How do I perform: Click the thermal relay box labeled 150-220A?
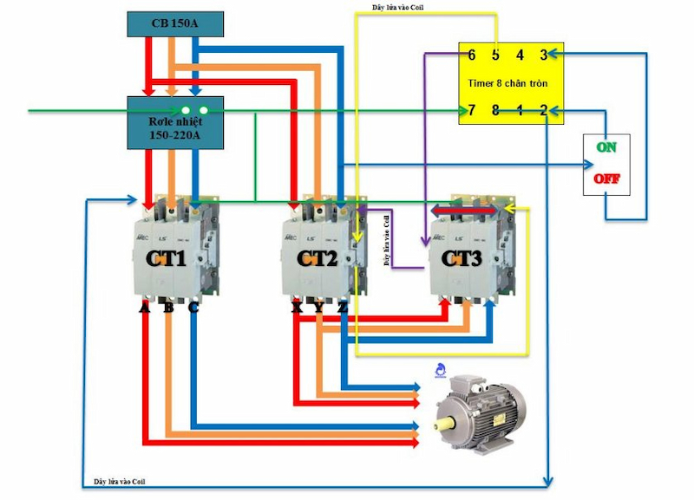coord(176,121)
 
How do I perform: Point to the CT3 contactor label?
coord(462,258)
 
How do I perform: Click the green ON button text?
coord(606,147)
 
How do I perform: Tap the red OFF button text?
coord(606,179)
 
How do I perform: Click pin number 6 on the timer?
coord(471,55)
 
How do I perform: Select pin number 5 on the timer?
coord(495,55)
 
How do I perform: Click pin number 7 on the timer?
coord(471,111)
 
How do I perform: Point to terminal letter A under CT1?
coord(145,308)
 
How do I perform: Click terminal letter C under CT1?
coord(193,308)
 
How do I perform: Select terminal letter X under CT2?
coord(297,308)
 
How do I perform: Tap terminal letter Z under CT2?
coord(344,308)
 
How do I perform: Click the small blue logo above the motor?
coord(440,371)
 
